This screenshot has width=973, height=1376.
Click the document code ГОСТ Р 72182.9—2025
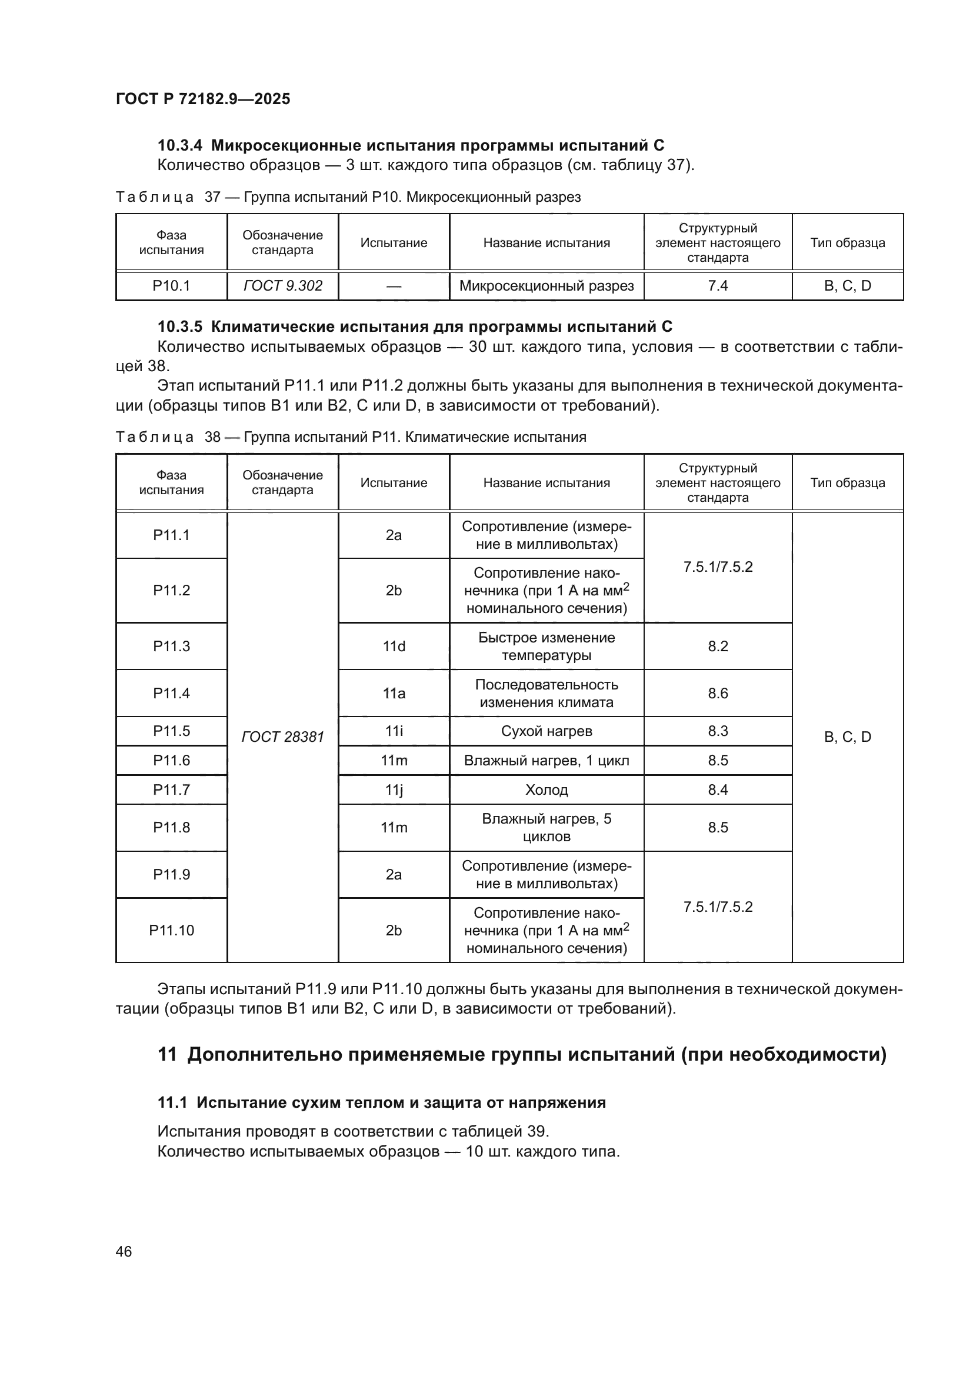tap(202, 99)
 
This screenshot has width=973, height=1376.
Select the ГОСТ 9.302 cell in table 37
tap(282, 286)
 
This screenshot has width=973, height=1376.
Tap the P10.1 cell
tap(171, 286)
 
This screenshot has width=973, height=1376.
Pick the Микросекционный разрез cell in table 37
tap(546, 286)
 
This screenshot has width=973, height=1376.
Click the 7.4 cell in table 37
tap(717, 286)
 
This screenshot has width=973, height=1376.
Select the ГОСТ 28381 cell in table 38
tap(282, 737)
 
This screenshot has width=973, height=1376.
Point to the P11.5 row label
tap(171, 731)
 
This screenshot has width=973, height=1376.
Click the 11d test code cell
tap(394, 646)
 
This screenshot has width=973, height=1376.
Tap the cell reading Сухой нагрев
tap(546, 731)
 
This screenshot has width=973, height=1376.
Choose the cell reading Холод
tap(546, 789)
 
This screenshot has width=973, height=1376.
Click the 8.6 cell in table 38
tap(717, 693)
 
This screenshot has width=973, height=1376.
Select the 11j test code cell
tap(394, 789)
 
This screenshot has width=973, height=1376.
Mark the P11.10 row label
tap(171, 930)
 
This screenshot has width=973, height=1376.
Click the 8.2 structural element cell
tap(717, 646)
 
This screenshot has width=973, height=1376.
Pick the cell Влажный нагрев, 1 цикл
tap(546, 760)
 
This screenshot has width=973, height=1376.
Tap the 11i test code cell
tap(394, 731)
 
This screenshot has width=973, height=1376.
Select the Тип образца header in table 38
tap(847, 482)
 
